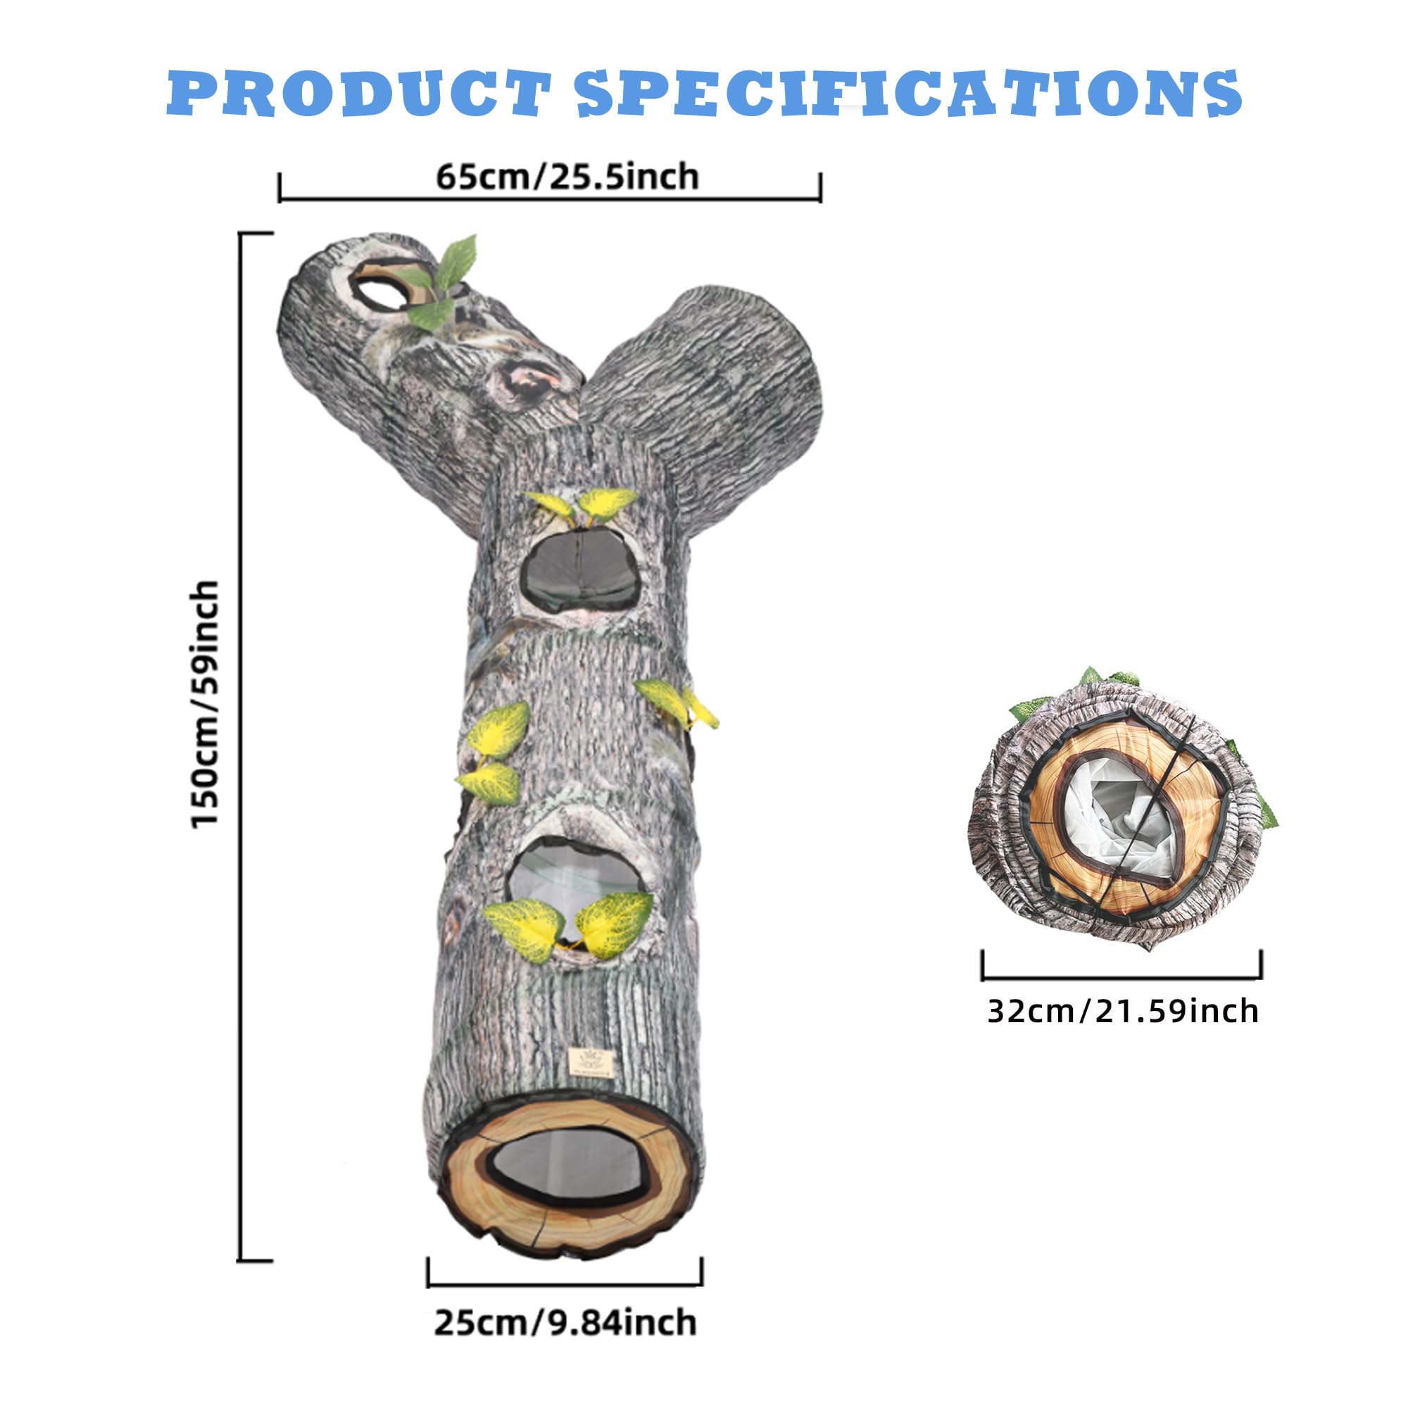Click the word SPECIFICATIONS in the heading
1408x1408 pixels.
[910, 94]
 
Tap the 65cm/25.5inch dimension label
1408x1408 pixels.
[567, 177]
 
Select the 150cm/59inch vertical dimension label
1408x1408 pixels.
[205, 704]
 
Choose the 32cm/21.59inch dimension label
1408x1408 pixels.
[1123, 1011]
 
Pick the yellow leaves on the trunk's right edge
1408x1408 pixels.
[677, 703]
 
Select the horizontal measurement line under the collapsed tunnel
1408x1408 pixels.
[1121, 976]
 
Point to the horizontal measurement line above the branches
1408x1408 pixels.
[551, 198]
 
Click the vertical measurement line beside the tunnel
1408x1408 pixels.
[241, 747]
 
